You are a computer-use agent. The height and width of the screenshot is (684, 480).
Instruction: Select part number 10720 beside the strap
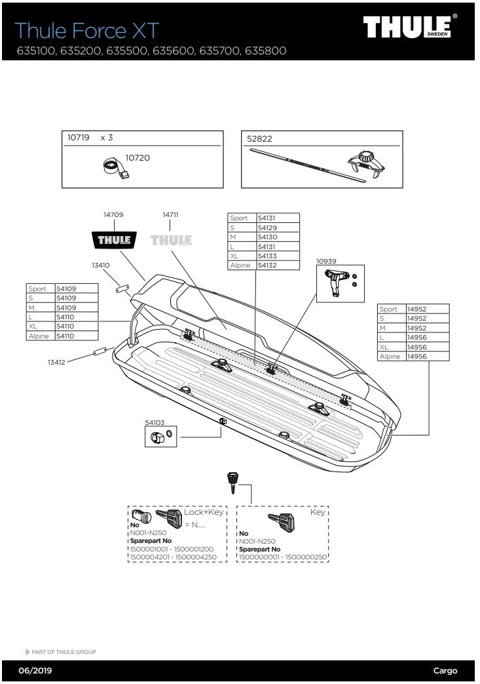click(138, 157)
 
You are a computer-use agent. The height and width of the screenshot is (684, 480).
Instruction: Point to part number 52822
click(259, 138)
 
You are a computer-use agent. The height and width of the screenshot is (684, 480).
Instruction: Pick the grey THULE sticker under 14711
click(171, 240)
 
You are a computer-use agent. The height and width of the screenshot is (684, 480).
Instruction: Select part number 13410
click(100, 266)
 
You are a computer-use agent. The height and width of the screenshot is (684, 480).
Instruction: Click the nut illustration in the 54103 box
click(156, 438)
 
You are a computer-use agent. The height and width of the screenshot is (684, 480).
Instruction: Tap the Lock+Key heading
click(204, 512)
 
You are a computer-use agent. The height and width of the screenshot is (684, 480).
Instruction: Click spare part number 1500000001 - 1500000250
click(283, 557)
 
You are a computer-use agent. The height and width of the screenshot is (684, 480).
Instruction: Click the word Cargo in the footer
click(445, 671)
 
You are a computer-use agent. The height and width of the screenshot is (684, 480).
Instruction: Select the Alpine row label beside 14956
click(390, 356)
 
